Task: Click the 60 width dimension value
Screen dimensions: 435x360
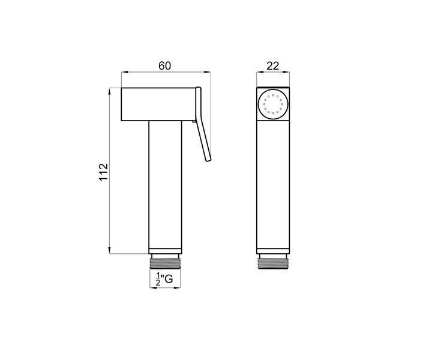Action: tap(165, 66)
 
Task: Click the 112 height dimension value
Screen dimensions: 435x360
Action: tap(103, 172)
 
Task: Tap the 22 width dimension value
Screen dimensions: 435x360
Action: tap(273, 66)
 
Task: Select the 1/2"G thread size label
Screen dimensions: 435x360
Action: tap(164, 279)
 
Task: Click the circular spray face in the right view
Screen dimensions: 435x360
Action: tap(273, 104)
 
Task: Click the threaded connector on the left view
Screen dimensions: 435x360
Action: tap(165, 263)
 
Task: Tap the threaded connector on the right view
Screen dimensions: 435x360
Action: tap(273, 263)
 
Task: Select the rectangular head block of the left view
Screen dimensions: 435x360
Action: tap(158, 104)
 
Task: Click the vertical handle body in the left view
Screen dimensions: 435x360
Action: tap(165, 185)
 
